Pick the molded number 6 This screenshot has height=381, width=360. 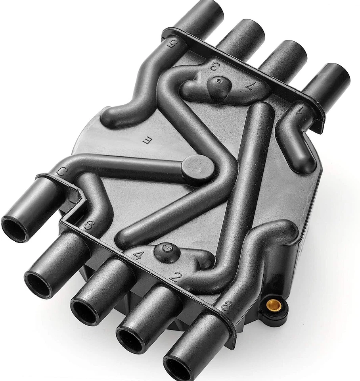88,225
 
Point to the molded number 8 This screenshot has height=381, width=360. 226,306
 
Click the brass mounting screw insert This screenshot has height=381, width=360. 272,305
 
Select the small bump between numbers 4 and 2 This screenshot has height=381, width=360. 166,251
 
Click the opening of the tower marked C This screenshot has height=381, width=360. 15,229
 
